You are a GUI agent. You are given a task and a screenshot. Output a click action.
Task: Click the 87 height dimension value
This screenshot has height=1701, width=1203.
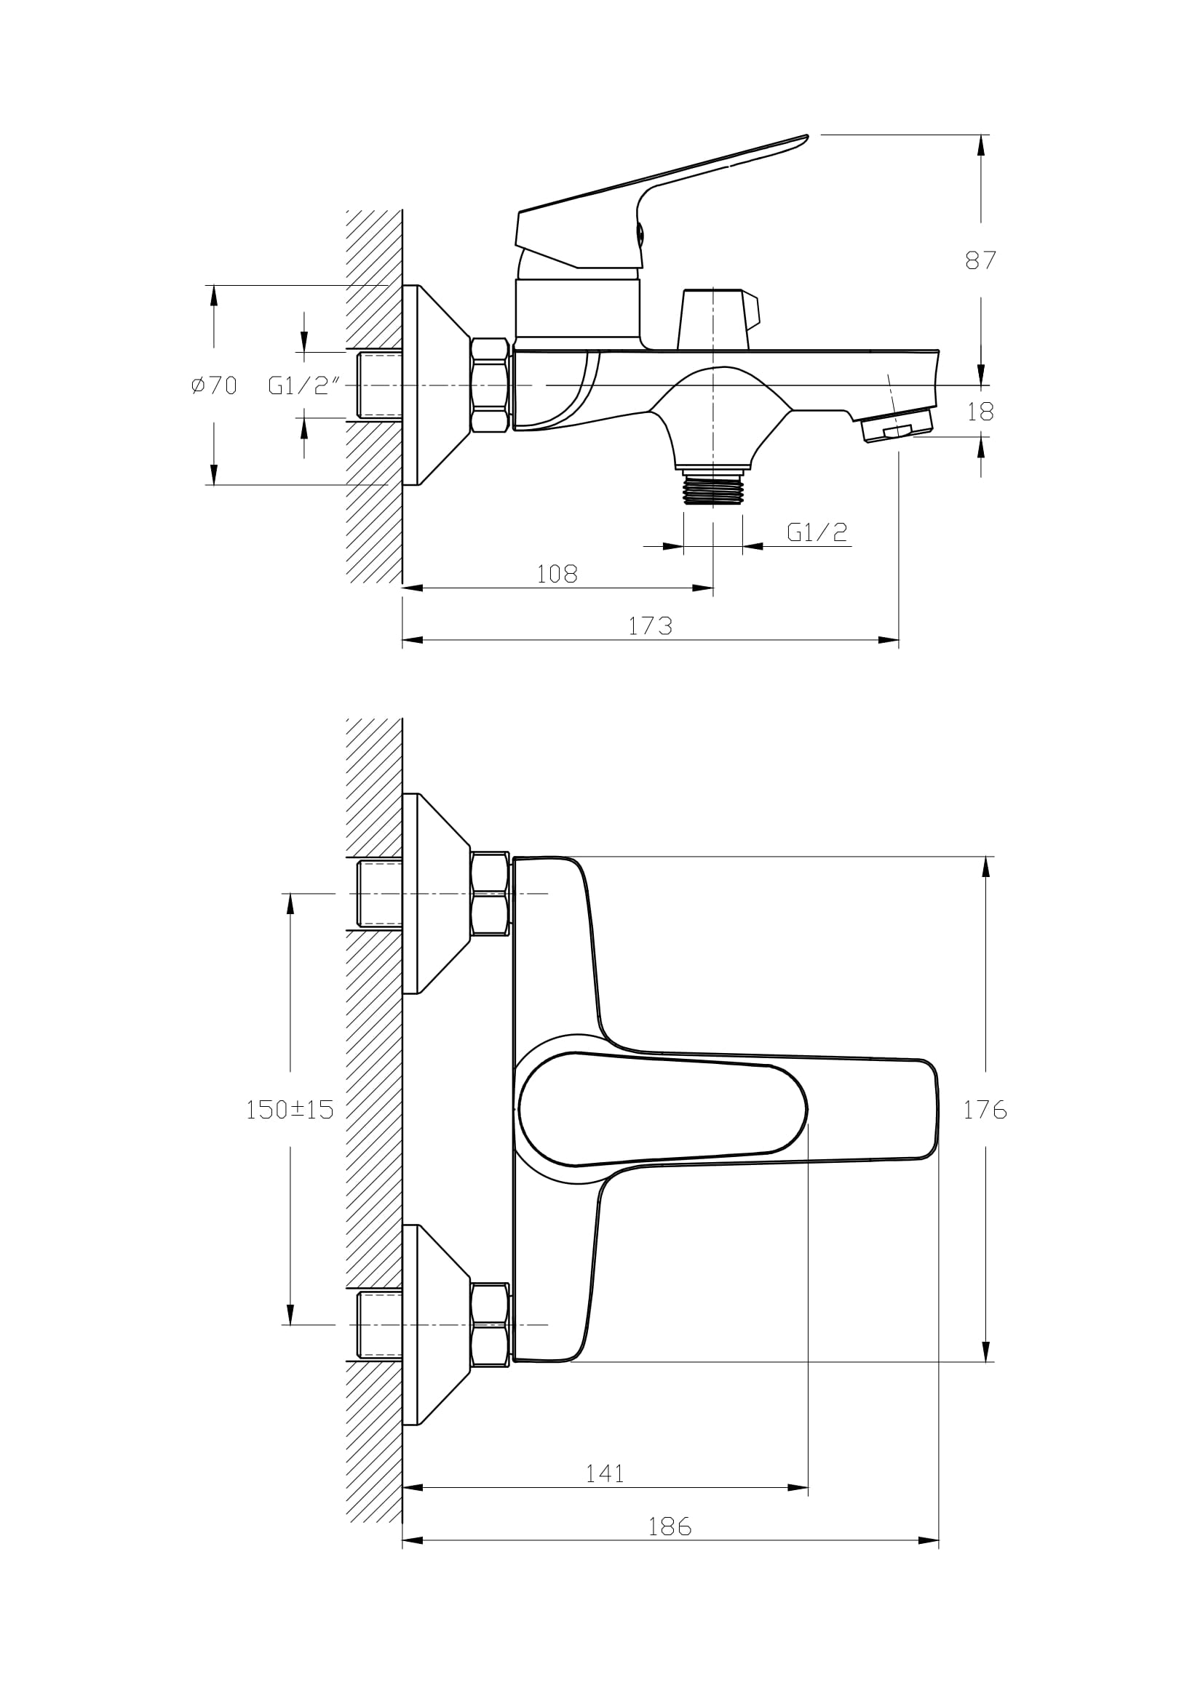[980, 260]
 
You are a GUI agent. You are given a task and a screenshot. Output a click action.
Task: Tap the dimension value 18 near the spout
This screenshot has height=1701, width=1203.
[980, 411]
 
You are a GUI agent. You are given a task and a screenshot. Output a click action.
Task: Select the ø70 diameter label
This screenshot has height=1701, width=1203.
[213, 385]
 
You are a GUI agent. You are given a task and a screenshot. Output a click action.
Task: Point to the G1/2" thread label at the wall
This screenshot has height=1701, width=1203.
[304, 385]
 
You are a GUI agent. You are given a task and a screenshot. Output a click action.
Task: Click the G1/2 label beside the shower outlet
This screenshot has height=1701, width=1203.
[817, 532]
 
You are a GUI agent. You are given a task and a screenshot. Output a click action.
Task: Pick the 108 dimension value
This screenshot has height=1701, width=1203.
[557, 573]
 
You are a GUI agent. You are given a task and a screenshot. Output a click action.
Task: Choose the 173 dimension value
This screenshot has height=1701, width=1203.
[650, 626]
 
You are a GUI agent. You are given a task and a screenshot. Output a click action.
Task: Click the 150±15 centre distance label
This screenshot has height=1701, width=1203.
[290, 1109]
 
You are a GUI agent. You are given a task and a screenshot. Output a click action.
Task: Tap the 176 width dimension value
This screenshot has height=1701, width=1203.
[985, 1109]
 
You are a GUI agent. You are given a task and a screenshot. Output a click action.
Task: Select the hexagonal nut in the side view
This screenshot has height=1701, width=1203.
[490, 385]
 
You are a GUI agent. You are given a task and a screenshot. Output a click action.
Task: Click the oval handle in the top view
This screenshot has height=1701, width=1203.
[664, 1109]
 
